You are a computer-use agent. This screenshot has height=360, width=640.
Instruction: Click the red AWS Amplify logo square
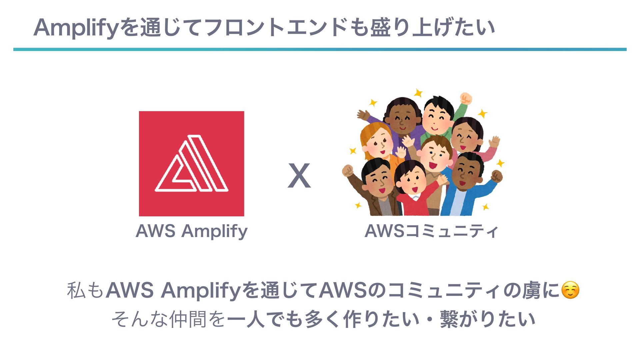tap(191, 163)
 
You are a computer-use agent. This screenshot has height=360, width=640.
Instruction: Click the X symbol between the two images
tap(299, 176)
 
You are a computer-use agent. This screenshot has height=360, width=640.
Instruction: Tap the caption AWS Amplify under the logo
tap(191, 231)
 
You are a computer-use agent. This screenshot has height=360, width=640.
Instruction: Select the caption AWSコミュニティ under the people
tap(431, 231)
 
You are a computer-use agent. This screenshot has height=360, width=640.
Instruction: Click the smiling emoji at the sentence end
tap(570, 290)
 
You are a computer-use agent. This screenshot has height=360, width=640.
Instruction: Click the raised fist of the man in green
tap(466, 99)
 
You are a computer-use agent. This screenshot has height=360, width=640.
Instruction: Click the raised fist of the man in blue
tap(496, 176)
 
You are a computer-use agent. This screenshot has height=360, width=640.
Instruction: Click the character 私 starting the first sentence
tap(76, 290)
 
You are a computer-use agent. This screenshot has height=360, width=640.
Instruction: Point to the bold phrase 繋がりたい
tap(487, 319)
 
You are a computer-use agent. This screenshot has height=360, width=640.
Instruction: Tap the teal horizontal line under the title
tap(320, 49)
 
